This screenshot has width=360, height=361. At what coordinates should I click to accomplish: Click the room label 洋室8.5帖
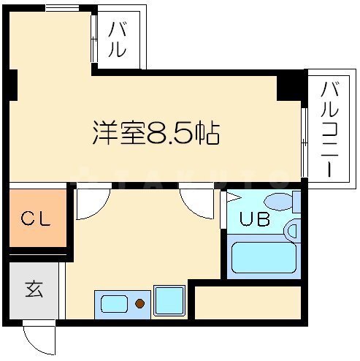pos(156,133)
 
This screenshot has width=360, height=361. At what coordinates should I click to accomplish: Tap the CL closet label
pos(36,218)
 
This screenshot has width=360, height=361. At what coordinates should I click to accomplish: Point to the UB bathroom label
pos(255,218)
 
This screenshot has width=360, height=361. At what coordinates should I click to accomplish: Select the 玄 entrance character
pos(34,289)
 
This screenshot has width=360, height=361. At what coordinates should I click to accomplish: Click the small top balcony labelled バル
pos(118,39)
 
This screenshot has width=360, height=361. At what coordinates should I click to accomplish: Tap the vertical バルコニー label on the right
pos(329,129)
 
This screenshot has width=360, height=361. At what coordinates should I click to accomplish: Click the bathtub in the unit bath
pos(264,257)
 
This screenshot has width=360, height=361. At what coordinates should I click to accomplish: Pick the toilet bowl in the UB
pos(280,202)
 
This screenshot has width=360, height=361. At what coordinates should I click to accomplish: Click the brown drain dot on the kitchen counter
pos(140,303)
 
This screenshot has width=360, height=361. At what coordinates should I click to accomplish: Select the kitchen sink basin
pos(114,304)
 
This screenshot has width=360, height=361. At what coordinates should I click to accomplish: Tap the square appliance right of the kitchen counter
pos(169,301)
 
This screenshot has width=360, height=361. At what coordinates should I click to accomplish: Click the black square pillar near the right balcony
pos(289,88)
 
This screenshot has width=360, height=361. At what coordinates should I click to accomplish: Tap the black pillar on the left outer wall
pos(13,85)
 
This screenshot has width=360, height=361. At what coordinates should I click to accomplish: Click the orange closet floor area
pos(38,218)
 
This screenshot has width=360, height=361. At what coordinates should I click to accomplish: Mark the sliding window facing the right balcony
pos(304,142)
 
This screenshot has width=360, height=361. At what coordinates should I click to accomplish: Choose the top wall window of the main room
pos(63,8)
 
